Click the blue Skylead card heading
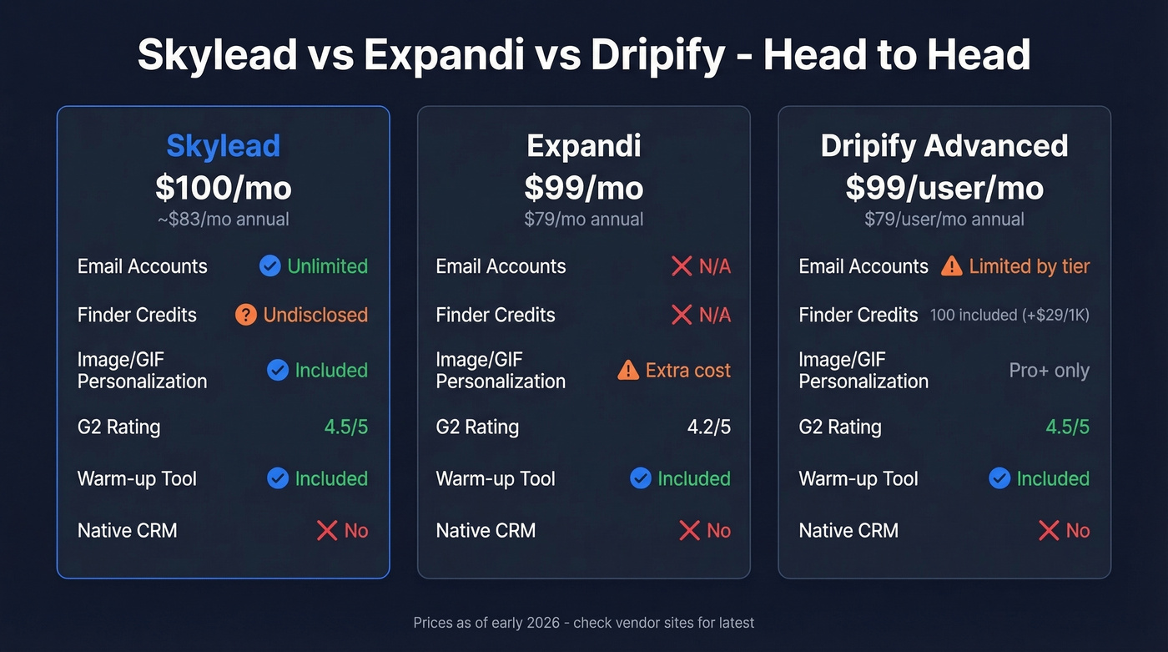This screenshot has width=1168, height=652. click(x=223, y=146)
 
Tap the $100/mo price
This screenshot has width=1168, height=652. click(x=223, y=188)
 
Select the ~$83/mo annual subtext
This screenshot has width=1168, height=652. click(x=223, y=220)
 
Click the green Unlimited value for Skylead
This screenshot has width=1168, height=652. click(x=327, y=266)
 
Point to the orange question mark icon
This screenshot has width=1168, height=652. click(x=245, y=315)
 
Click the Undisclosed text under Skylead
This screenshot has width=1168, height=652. click(x=315, y=315)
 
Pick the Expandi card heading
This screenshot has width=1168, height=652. click(x=583, y=146)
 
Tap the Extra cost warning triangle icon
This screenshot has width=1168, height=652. click(x=628, y=370)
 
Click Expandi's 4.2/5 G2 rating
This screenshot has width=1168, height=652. click(x=708, y=427)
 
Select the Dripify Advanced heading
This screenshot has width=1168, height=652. click(x=944, y=146)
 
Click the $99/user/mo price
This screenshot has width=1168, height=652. click(x=944, y=188)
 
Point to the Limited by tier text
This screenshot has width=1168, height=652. click(x=1029, y=266)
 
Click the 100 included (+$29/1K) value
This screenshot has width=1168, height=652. click(x=1009, y=315)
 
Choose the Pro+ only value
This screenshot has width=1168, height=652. click(x=1049, y=370)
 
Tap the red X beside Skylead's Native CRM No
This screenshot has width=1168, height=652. click(x=327, y=530)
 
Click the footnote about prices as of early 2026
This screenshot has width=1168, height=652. click(x=583, y=623)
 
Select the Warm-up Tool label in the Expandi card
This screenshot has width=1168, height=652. click(x=496, y=478)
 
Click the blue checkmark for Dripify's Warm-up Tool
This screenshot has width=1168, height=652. click(x=999, y=478)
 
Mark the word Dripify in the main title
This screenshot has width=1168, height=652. click(x=658, y=55)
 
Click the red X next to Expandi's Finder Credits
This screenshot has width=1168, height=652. click(x=682, y=315)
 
